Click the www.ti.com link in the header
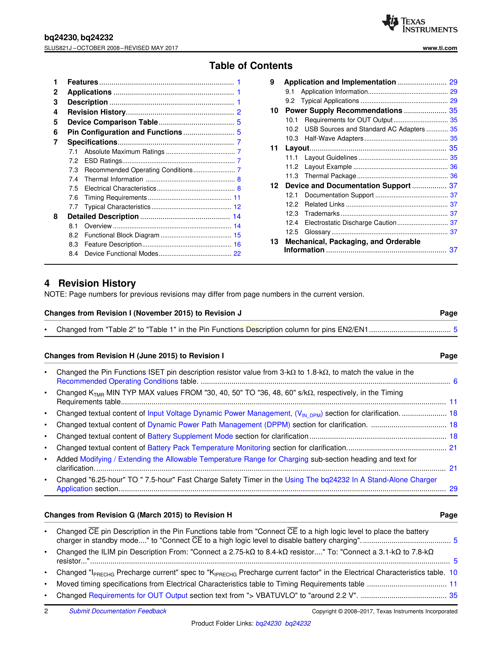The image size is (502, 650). (440, 48)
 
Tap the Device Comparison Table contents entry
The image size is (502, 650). (112, 122)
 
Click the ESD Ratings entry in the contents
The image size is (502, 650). (103, 161)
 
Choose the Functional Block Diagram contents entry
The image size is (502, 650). (122, 235)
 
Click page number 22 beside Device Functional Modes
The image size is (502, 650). (237, 253)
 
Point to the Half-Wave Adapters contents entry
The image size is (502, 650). (334, 138)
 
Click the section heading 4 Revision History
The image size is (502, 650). (90, 283)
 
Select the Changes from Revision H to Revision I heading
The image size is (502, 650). (134, 356)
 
